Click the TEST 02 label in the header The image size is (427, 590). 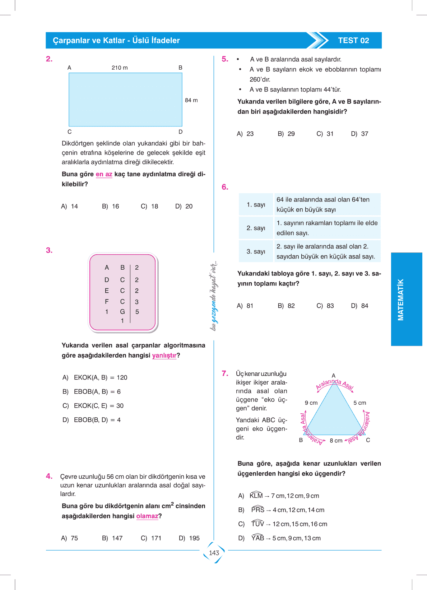(x=353, y=41)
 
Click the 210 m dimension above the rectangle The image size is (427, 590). (x=120, y=68)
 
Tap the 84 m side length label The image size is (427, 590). (x=191, y=100)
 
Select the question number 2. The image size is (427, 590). (x=49, y=59)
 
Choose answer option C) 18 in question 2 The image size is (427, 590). (x=149, y=206)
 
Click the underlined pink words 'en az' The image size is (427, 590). (x=104, y=174)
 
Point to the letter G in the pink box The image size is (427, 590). (x=122, y=312)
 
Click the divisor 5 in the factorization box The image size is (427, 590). (x=137, y=312)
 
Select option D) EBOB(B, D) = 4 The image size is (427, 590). (x=92, y=420)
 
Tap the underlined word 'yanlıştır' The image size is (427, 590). (x=164, y=356)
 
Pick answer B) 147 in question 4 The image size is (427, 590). (x=112, y=538)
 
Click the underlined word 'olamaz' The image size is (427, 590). (x=147, y=516)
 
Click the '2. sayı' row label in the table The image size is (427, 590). (x=256, y=228)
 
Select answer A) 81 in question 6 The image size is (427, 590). (x=245, y=306)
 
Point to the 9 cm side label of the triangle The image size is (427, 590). (x=311, y=403)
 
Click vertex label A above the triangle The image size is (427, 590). (x=333, y=376)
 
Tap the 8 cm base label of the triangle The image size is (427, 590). (x=336, y=441)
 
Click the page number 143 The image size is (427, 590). (x=214, y=553)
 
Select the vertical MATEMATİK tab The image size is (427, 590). (x=401, y=299)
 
